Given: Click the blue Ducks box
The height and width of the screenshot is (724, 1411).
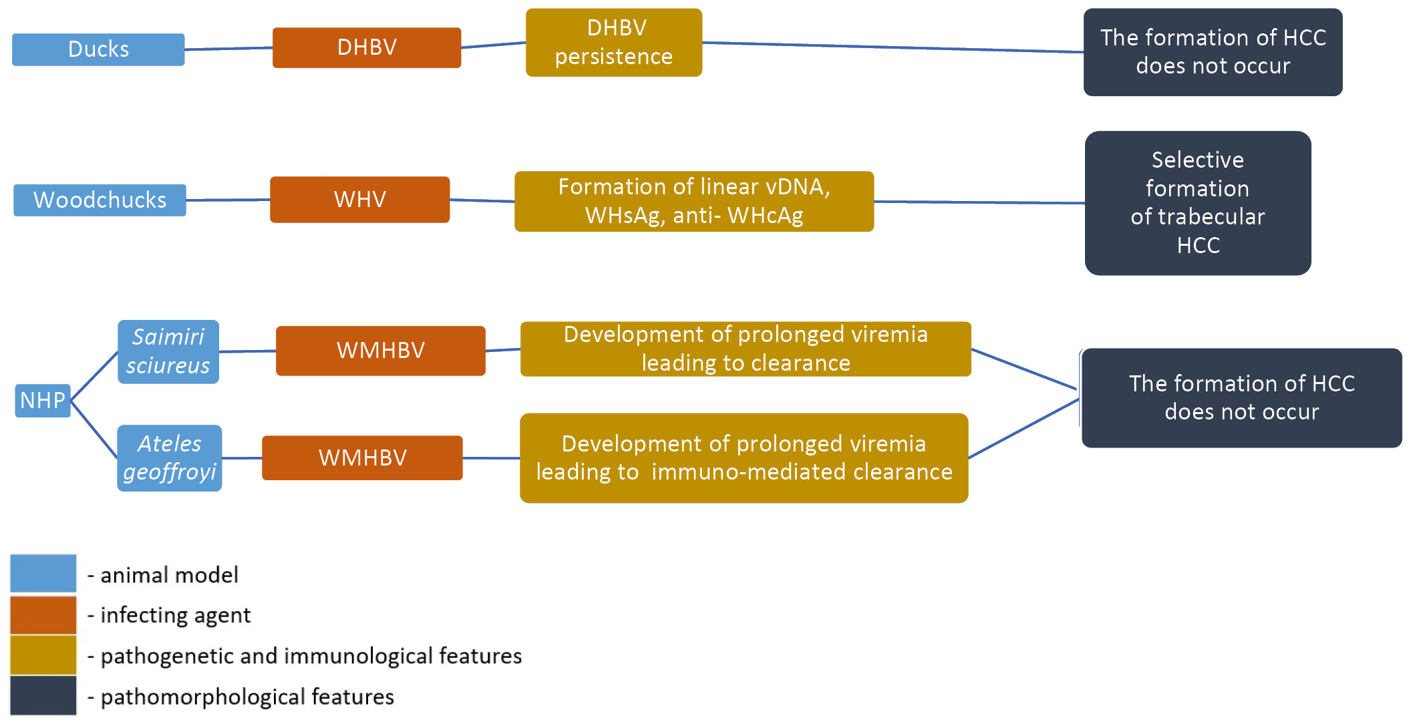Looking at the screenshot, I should [x=98, y=49].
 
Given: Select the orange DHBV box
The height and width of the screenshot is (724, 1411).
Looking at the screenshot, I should [x=367, y=47].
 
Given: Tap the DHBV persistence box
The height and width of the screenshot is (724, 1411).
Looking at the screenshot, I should [x=613, y=42].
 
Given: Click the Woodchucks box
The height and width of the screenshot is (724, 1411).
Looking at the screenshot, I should [x=100, y=200].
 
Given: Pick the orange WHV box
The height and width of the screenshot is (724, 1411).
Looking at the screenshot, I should [x=359, y=199].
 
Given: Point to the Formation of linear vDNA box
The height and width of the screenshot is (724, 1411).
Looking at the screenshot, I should [x=693, y=201].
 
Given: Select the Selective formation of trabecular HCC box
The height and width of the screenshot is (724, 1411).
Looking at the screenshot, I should [x=1197, y=202].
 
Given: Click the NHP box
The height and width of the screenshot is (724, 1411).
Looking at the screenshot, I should [x=43, y=400].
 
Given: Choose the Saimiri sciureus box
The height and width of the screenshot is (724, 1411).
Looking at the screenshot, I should [x=168, y=351].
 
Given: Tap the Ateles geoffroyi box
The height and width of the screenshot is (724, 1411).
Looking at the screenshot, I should [x=169, y=458].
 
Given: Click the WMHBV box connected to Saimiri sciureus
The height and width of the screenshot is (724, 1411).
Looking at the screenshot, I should [x=380, y=351].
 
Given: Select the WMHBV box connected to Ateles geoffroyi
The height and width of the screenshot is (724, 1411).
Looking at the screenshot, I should [x=362, y=458].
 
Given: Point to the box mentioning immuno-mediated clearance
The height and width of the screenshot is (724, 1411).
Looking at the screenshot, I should [x=744, y=458].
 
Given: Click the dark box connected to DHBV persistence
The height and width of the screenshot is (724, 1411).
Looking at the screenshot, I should [x=1213, y=52].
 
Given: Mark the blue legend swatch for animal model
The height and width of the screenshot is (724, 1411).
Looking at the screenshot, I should [x=43, y=573].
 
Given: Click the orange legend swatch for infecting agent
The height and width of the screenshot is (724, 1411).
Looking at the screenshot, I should [x=43, y=614].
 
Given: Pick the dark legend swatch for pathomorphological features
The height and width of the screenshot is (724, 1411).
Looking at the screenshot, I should [x=43, y=696].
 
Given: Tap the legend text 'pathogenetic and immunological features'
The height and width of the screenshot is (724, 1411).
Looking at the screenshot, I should [x=311, y=656].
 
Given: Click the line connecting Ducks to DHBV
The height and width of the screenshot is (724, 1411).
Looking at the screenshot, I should [x=228, y=48].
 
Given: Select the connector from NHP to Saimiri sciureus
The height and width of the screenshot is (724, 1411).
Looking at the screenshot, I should [x=94, y=375].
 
